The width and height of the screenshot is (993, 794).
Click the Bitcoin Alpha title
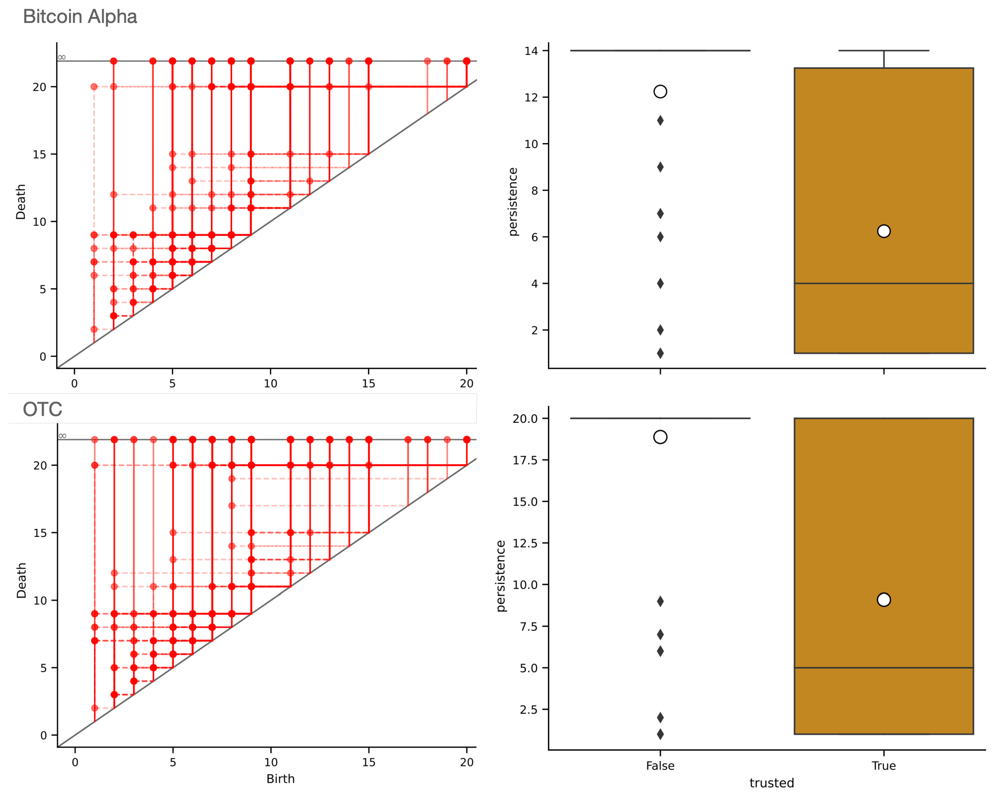80,17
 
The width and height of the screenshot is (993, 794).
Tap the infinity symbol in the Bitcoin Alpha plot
62,57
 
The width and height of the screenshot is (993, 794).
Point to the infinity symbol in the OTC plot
62,436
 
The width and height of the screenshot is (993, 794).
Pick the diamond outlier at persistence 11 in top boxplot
660,121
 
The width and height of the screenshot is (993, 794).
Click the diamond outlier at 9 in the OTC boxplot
660,601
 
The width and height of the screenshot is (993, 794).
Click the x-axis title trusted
771,783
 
